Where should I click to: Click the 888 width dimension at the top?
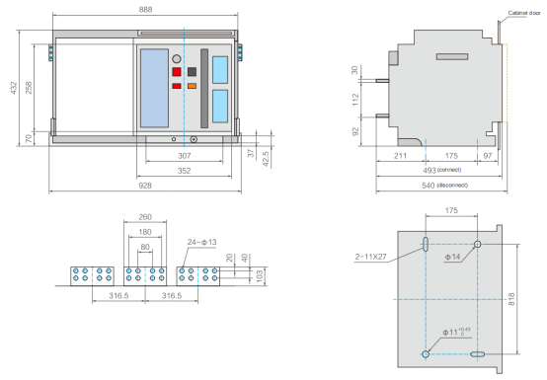[x=145, y=10]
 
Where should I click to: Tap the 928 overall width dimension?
[x=145, y=186]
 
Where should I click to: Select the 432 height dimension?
[x=13, y=88]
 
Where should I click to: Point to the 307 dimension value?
[x=185, y=156]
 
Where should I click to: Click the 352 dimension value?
[x=185, y=171]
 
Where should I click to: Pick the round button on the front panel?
[x=177, y=59]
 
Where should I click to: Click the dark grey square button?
[x=192, y=72]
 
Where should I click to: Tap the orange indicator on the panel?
[x=192, y=86]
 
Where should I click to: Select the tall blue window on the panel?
[x=154, y=88]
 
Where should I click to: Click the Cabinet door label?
[x=524, y=13]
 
